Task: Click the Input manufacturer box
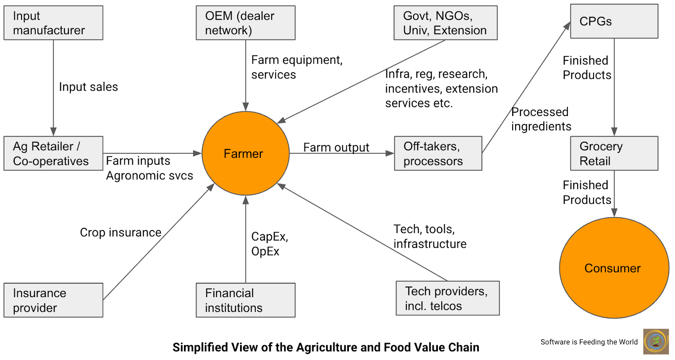tap(53, 23)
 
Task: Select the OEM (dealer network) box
tap(246, 23)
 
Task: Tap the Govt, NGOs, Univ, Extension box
tap(445, 23)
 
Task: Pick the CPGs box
tap(614, 22)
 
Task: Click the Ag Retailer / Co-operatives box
tap(53, 153)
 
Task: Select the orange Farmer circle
tap(246, 153)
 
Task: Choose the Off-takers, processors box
tap(437, 153)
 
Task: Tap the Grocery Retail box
tap(614, 153)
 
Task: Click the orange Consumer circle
tap(614, 268)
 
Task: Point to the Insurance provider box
tap(53, 300)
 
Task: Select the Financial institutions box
tap(246, 300)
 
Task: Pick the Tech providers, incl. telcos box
tap(447, 298)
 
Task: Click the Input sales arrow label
tap(88, 87)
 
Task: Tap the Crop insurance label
tap(121, 233)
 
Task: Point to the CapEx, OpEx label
tap(269, 244)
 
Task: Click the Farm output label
tap(336, 147)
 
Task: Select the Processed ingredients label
tap(541, 119)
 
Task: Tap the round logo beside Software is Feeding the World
tap(656, 341)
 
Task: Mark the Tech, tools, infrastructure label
tap(429, 236)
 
